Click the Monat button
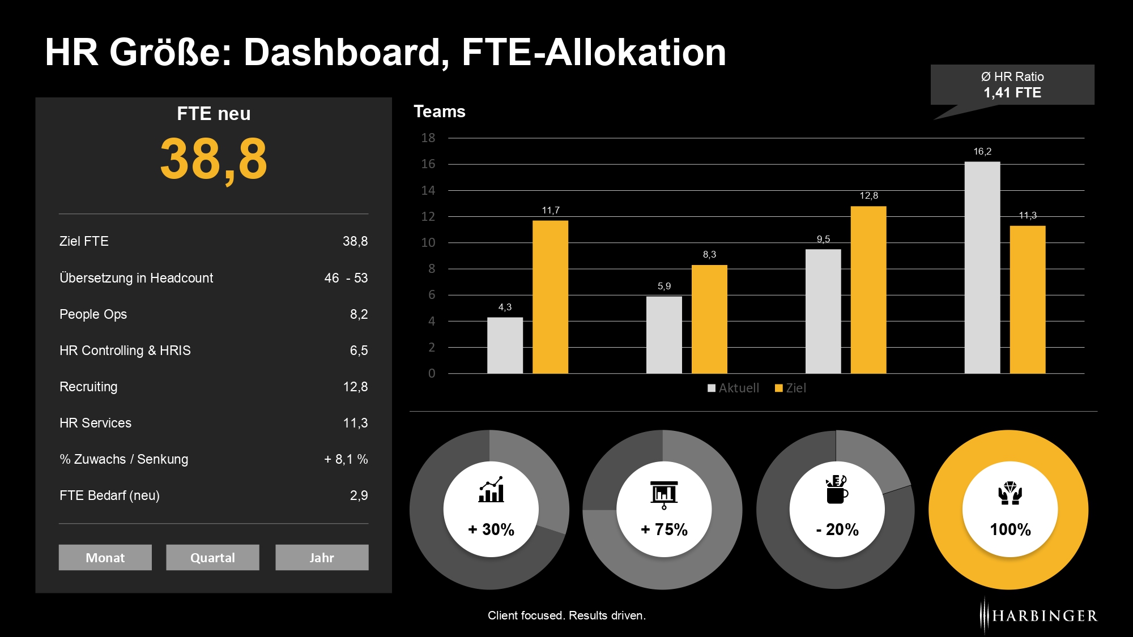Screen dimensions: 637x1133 pos(105,557)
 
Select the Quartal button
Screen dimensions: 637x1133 pos(212,557)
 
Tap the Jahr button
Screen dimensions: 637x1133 pos(322,557)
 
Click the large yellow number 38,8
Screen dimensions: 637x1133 pos(214,160)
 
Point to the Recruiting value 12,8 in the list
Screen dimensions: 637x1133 pos(355,387)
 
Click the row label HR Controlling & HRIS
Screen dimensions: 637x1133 pos(125,350)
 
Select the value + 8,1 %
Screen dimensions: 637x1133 pos(346,459)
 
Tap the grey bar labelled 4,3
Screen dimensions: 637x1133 pos(505,345)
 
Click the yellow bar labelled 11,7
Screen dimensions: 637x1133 pos(550,297)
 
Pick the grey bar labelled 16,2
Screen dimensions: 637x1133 pos(982,267)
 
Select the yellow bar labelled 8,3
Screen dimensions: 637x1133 pos(709,319)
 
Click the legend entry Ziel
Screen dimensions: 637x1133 pos(791,388)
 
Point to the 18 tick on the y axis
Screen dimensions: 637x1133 pos(428,138)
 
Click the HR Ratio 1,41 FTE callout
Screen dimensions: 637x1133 pos(1012,85)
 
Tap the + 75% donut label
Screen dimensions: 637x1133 pos(664,529)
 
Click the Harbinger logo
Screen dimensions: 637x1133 pos(1038,615)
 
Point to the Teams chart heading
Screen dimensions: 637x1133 pos(440,112)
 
